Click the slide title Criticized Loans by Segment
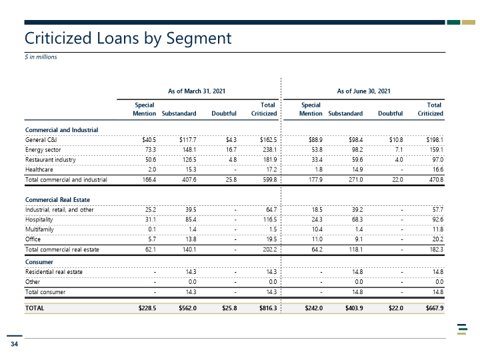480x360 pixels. (x=128, y=39)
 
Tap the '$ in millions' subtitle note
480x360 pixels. (x=41, y=57)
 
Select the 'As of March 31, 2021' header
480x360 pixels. (x=197, y=91)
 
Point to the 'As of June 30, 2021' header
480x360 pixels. (x=364, y=91)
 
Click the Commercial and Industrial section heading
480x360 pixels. (x=61, y=130)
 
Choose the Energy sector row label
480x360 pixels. (x=43, y=150)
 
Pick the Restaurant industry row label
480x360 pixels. (x=50, y=160)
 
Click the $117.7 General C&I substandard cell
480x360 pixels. (x=187, y=140)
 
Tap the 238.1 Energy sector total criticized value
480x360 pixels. (x=270, y=150)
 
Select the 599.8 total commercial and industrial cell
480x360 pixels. (x=270, y=180)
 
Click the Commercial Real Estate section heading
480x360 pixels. (x=57, y=200)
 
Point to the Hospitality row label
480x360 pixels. (x=39, y=219)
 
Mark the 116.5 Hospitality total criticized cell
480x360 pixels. (x=270, y=219)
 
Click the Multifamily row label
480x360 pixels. (x=39, y=229)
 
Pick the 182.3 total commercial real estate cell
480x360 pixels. (x=436, y=249)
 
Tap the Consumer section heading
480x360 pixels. (x=39, y=262)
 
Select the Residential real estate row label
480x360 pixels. (x=53, y=272)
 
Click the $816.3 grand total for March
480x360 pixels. (x=268, y=308)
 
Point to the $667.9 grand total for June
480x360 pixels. (x=435, y=308)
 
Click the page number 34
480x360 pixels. (x=14, y=344)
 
